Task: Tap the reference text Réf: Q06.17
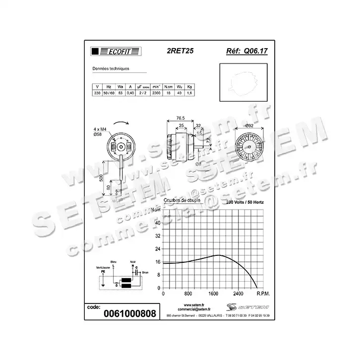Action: point(246,51)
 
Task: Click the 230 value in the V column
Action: point(97,93)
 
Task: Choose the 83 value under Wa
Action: point(120,93)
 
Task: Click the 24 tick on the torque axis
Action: point(158,249)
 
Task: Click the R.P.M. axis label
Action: point(263,293)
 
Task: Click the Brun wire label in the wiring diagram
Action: point(145,273)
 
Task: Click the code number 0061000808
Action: point(129,313)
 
